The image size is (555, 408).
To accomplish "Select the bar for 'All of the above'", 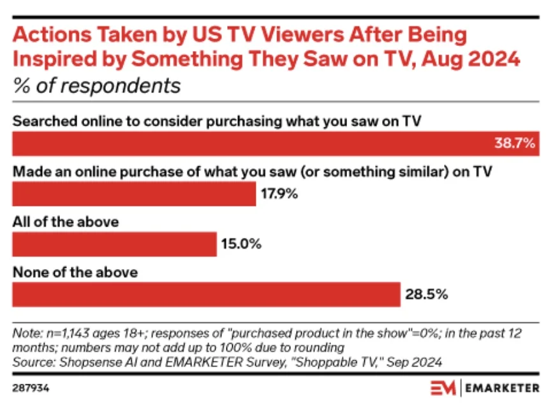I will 115,244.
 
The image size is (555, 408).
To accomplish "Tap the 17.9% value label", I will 279,194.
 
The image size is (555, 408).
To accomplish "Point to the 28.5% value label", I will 426,295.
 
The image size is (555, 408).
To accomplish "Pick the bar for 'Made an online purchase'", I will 134,194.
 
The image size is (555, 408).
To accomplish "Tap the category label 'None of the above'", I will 75,272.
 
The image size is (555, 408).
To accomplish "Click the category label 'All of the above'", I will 66,222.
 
